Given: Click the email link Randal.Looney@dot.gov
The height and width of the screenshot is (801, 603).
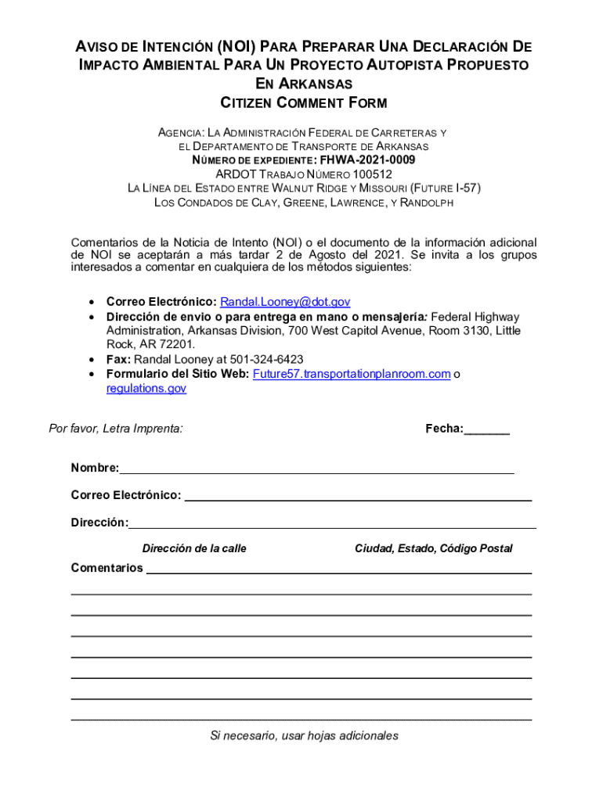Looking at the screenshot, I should tap(285, 302).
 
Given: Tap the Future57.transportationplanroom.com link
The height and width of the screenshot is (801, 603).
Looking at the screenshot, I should tap(351, 374).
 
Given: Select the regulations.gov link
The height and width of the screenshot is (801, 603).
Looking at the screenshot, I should tap(146, 388).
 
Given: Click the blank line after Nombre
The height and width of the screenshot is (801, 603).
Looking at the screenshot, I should tap(316, 470).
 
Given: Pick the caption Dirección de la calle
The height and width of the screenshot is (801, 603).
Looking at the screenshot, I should tap(194, 548).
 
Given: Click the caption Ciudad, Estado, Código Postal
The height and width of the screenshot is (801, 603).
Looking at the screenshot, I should tap(433, 548).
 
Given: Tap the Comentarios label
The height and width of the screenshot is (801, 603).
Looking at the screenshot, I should tap(107, 568).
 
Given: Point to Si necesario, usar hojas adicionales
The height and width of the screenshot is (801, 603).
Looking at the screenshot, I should tap(304, 735).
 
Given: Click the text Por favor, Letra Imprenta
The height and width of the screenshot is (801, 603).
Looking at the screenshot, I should tap(116, 429).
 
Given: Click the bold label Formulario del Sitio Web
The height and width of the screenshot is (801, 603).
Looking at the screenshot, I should tap(178, 374).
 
